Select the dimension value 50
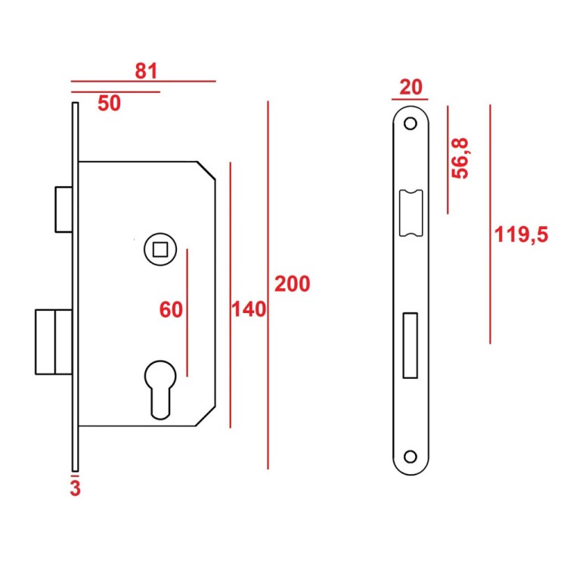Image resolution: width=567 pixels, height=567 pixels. pos(110,104)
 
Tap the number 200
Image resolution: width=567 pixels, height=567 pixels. pos(292,284)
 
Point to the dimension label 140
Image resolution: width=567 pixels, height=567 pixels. pos(249,310)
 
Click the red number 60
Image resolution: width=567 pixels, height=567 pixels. pos(172,309)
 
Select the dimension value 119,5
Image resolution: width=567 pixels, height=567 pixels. pos(520,235)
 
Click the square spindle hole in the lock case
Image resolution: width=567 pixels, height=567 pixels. pos(159,247)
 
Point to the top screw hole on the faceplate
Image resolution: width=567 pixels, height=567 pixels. pos(411,123)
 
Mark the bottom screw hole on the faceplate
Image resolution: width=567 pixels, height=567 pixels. pos(411,456)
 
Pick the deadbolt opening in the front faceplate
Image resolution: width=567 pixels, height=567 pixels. pos(411,345)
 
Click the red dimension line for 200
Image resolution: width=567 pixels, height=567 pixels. pos(268,284)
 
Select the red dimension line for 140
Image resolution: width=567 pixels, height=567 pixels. pos(230,295)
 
